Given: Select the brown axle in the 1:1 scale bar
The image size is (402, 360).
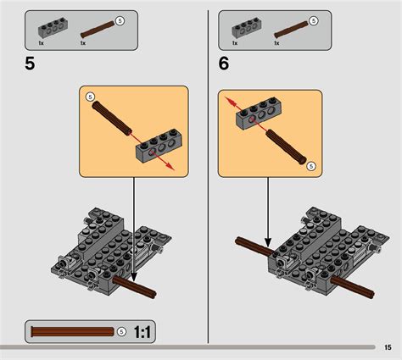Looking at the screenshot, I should click(72, 330).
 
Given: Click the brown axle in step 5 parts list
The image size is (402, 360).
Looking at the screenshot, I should click(96, 27).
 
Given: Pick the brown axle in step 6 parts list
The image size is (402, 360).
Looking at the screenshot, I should click(289, 27).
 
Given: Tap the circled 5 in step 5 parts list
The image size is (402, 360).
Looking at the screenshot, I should click(119, 19).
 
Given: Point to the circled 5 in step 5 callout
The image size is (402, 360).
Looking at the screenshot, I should click(91, 98).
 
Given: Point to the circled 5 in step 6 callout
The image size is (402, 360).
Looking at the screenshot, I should click(311, 165).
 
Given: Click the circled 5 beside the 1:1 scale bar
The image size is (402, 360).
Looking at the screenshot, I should click(121, 330).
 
